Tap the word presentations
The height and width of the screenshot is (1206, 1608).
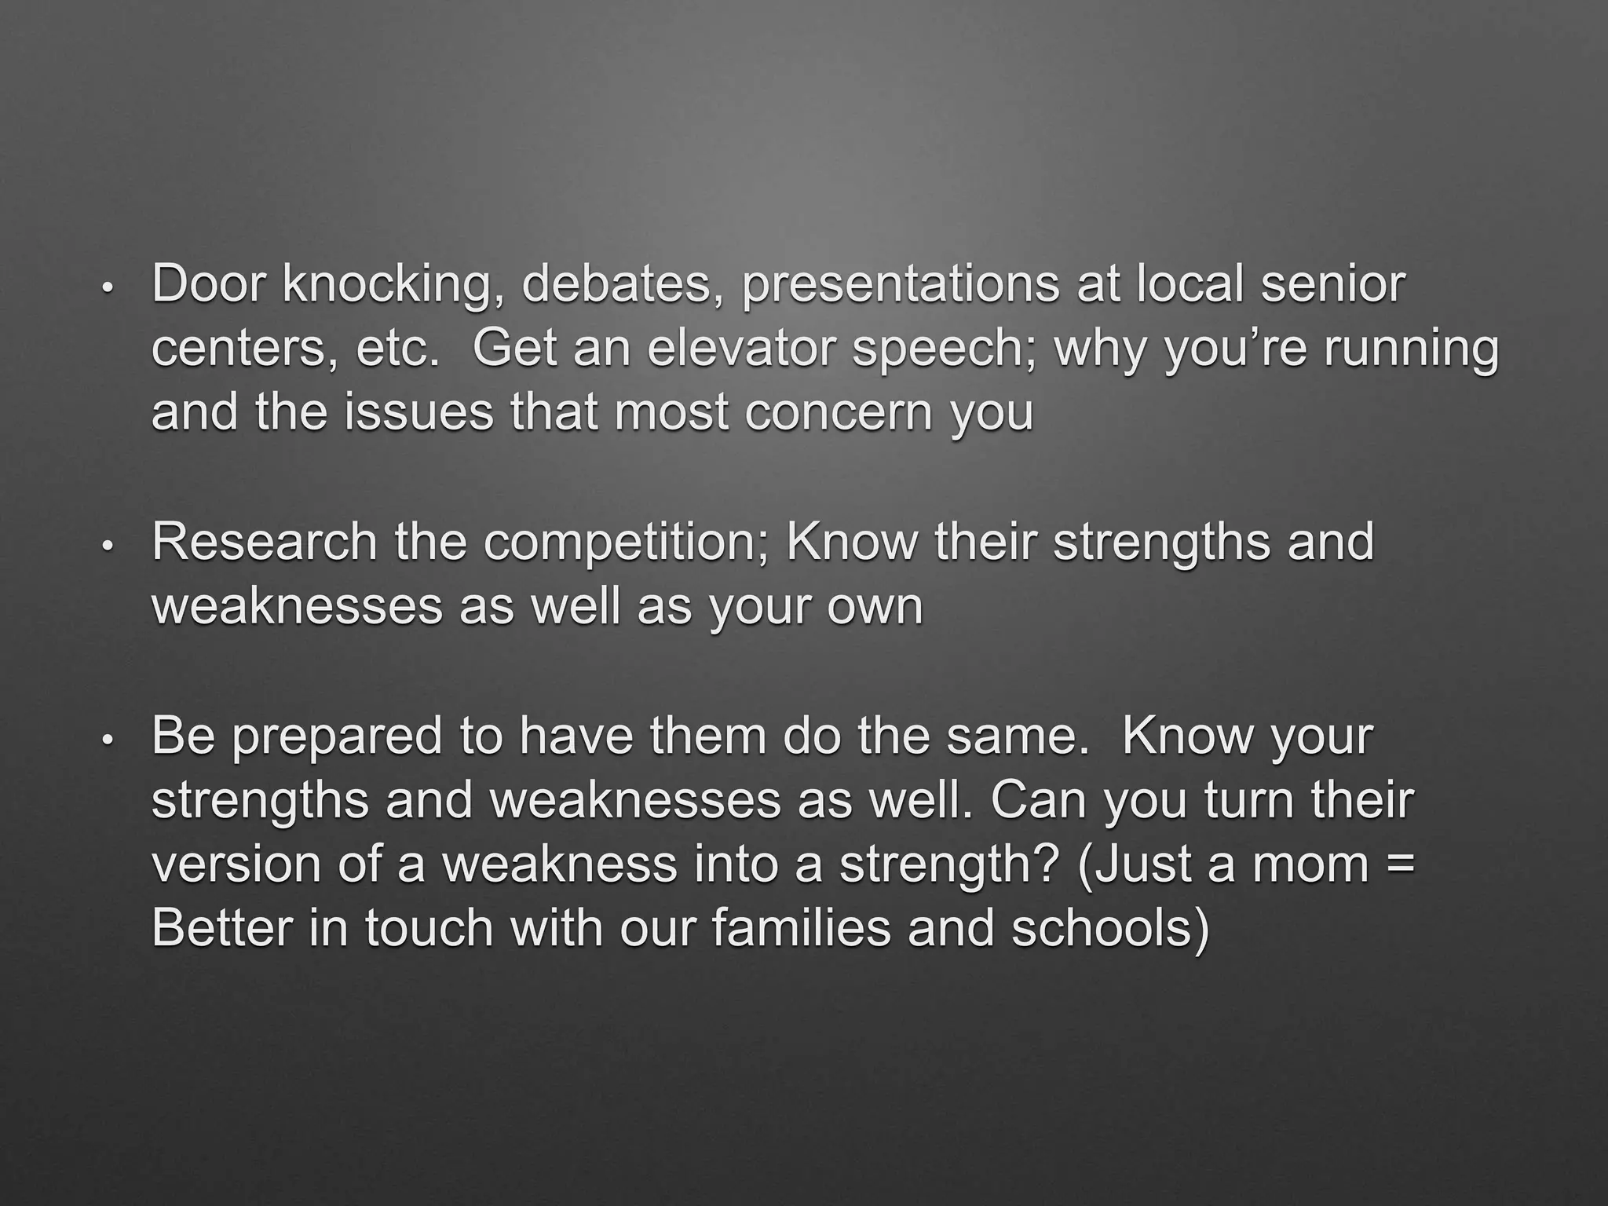[x=900, y=285]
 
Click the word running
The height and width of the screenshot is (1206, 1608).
[x=1411, y=350]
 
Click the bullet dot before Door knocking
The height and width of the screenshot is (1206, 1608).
[x=108, y=288]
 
